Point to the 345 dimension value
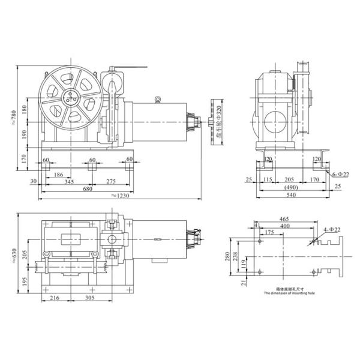click(x=69, y=181)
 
